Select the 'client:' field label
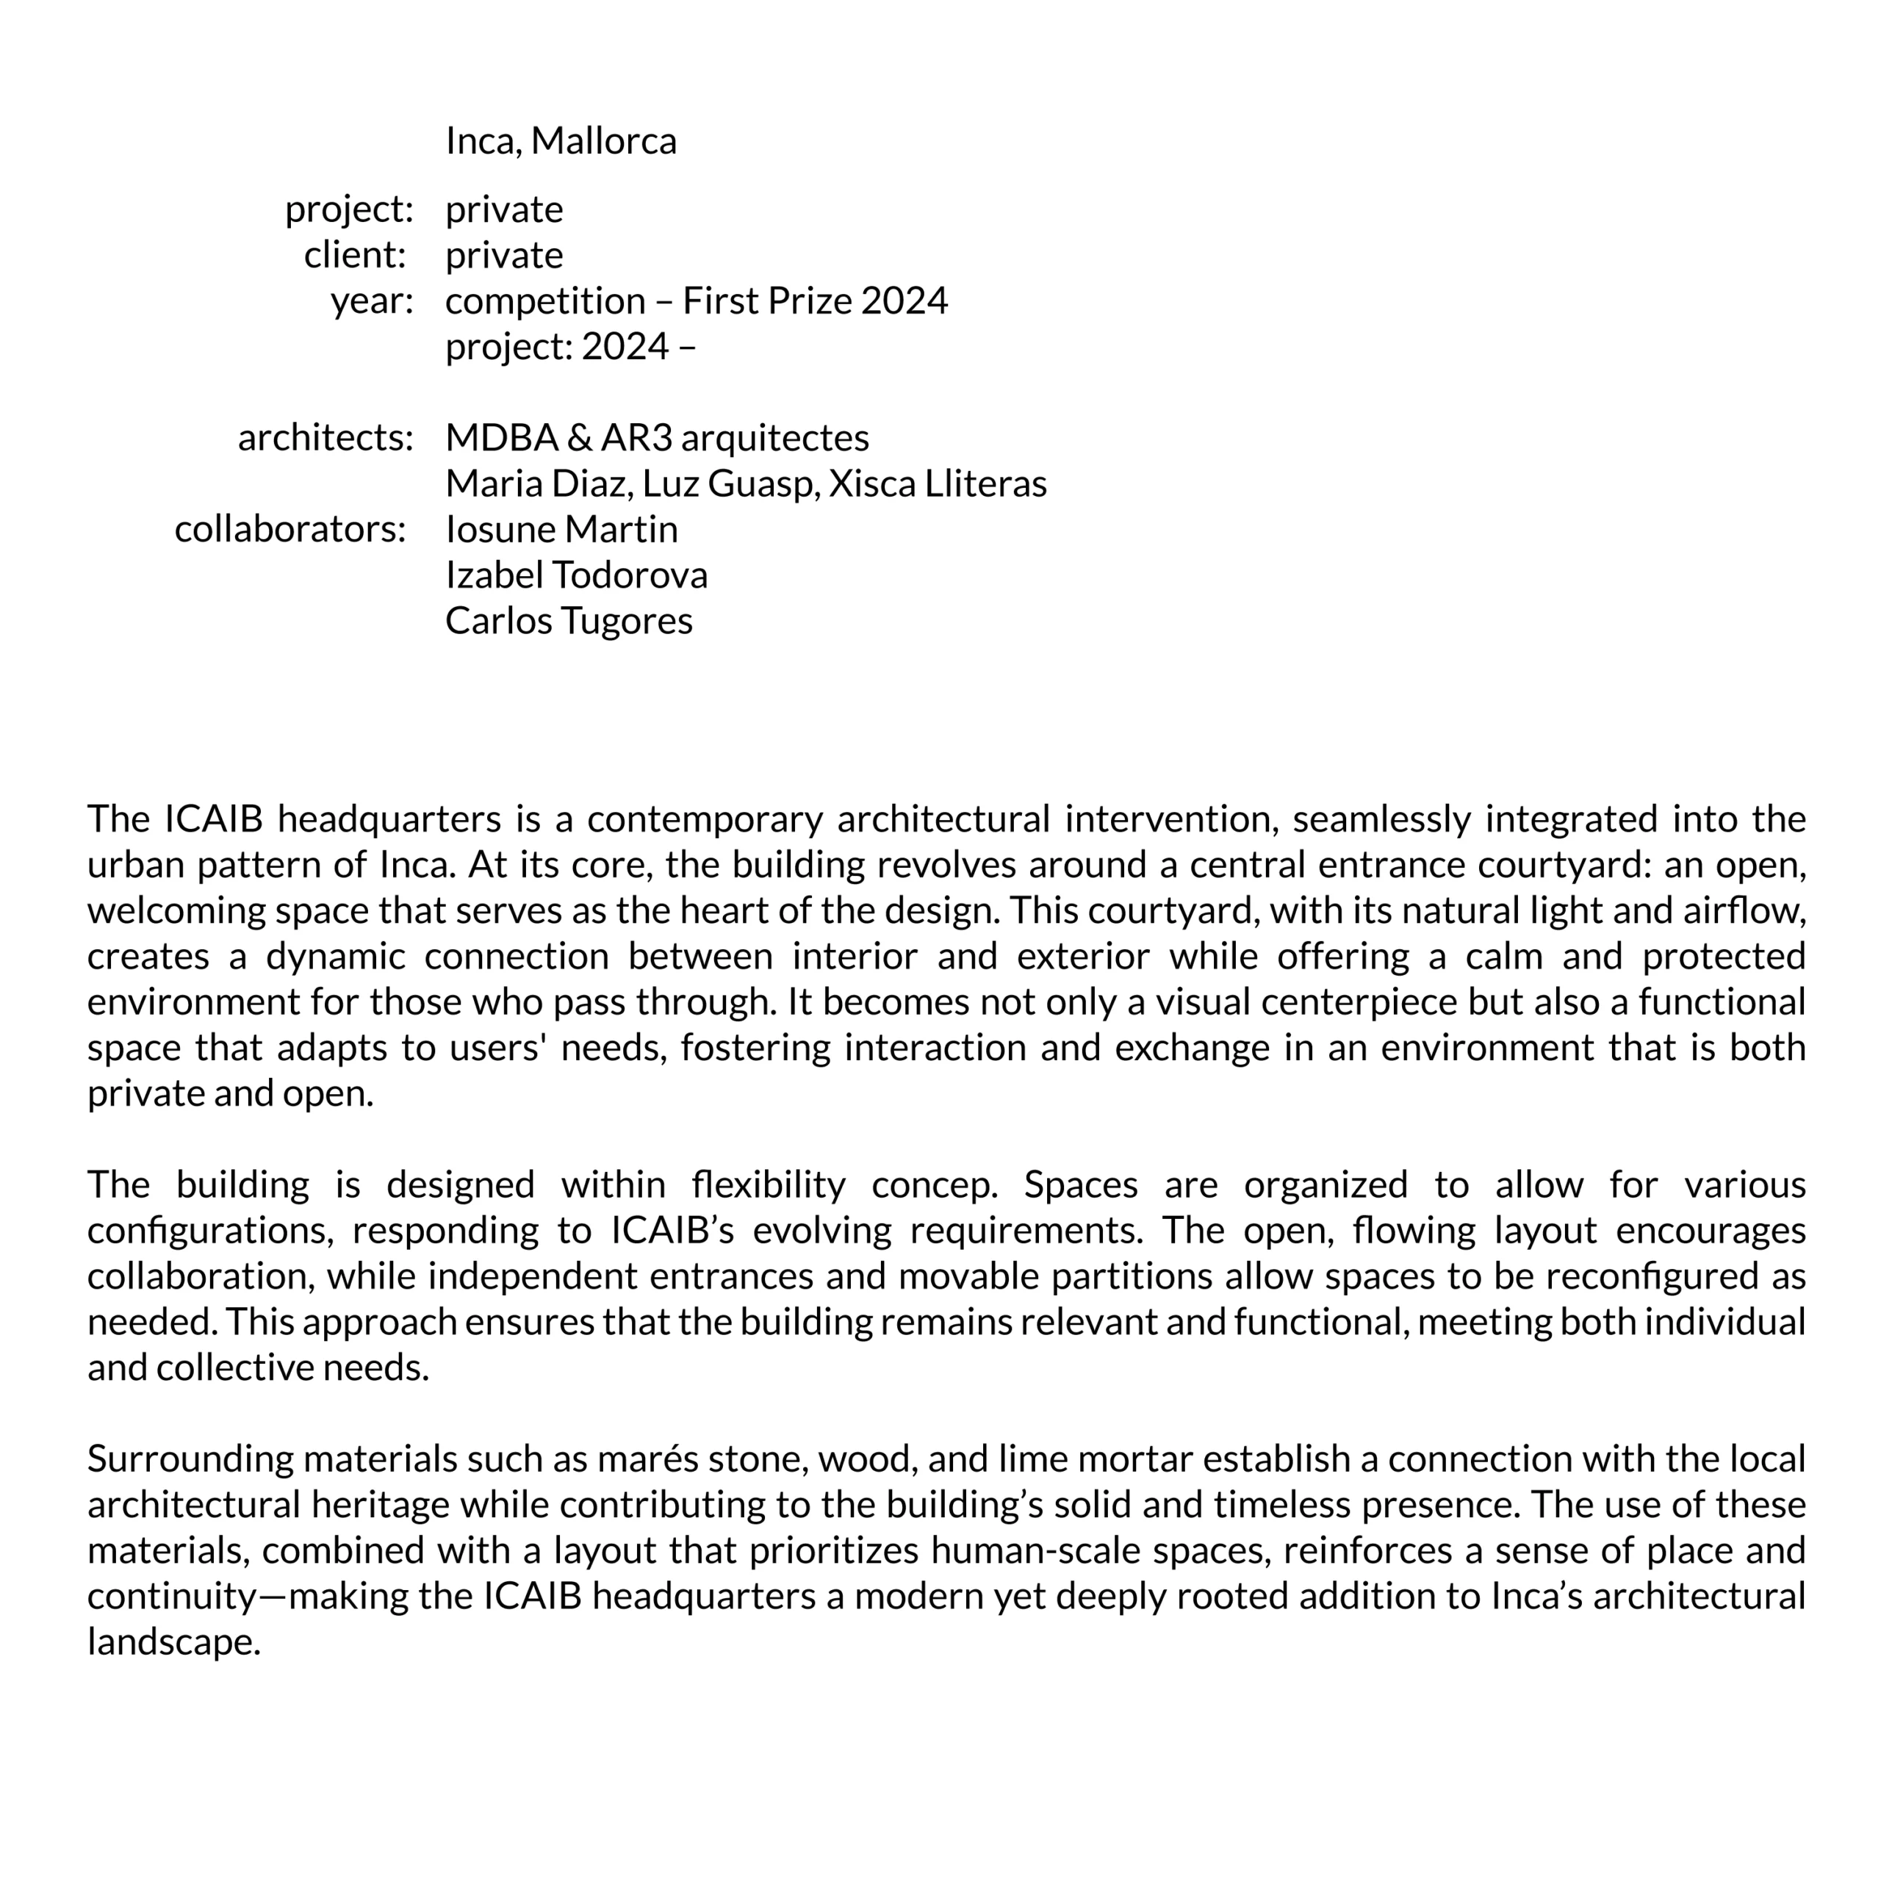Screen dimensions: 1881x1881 tap(354, 255)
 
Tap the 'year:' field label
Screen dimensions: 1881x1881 tap(371, 301)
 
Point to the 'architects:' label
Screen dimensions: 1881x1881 tap(326, 438)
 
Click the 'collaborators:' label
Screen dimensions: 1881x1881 tap(289, 530)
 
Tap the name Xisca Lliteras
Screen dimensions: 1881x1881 tap(937, 484)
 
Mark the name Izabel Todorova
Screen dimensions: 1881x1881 tap(575, 575)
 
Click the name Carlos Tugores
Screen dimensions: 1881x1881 tap(569, 621)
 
